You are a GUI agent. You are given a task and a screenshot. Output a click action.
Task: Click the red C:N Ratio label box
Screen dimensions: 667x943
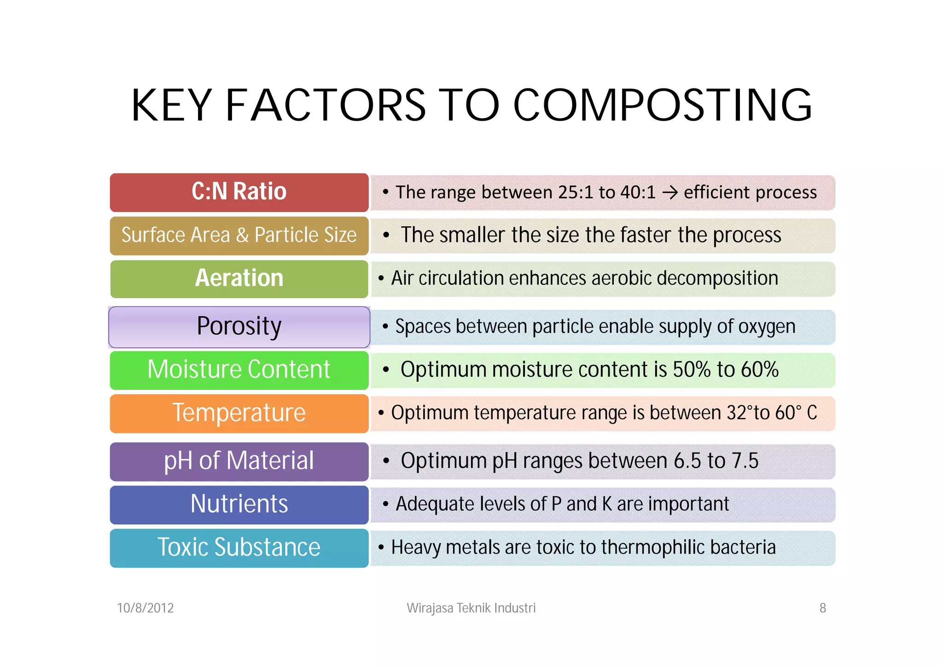[239, 192]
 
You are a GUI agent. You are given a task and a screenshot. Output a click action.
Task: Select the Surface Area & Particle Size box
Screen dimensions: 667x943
[239, 236]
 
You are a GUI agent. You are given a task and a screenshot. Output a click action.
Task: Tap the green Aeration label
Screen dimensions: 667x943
[239, 279]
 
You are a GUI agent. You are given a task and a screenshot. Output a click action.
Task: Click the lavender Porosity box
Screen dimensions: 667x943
[239, 327]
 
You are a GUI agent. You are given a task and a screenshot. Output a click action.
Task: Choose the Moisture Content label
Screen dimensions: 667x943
[239, 370]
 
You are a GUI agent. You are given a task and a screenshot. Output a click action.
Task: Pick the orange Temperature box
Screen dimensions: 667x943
[239, 413]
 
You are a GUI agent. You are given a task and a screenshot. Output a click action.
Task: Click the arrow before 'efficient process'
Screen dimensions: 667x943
[670, 193]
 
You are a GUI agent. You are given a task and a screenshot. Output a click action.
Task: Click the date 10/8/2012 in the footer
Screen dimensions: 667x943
[145, 608]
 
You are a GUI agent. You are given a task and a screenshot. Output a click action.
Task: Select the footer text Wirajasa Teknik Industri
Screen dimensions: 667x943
[471, 608]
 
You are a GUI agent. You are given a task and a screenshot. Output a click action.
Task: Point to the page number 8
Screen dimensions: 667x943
[822, 608]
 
